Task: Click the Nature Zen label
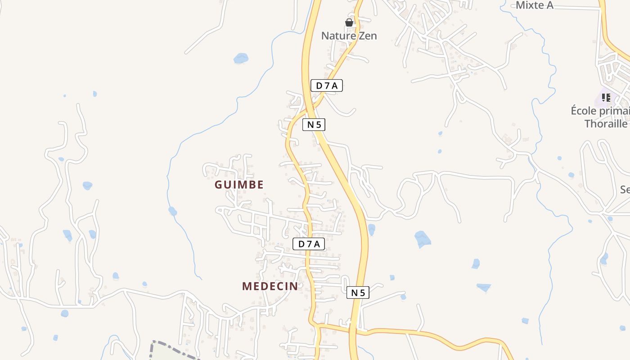(349, 36)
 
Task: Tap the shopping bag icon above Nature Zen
(349, 22)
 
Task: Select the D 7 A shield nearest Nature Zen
(327, 85)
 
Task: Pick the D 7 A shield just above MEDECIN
(309, 244)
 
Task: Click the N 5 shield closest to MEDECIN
(358, 292)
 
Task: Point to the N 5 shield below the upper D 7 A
(314, 125)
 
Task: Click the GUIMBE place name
(239, 184)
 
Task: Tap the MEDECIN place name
(270, 286)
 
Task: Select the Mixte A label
(534, 5)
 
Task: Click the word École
(585, 111)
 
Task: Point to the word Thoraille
(606, 123)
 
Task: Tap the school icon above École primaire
(606, 97)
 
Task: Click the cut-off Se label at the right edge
(625, 189)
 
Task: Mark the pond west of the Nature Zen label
(241, 58)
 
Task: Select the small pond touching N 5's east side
(371, 229)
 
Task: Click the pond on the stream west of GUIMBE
(172, 211)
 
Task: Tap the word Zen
(368, 36)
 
